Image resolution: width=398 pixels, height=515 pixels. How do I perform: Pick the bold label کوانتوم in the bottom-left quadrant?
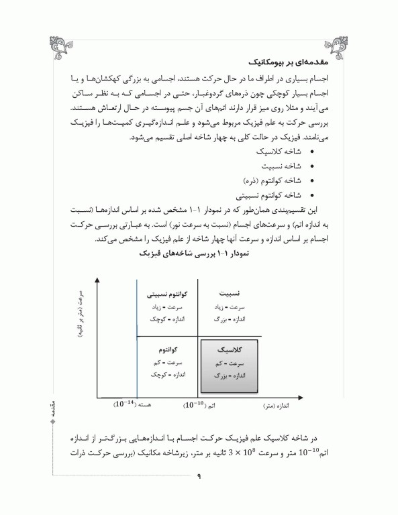[x=168, y=350]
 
